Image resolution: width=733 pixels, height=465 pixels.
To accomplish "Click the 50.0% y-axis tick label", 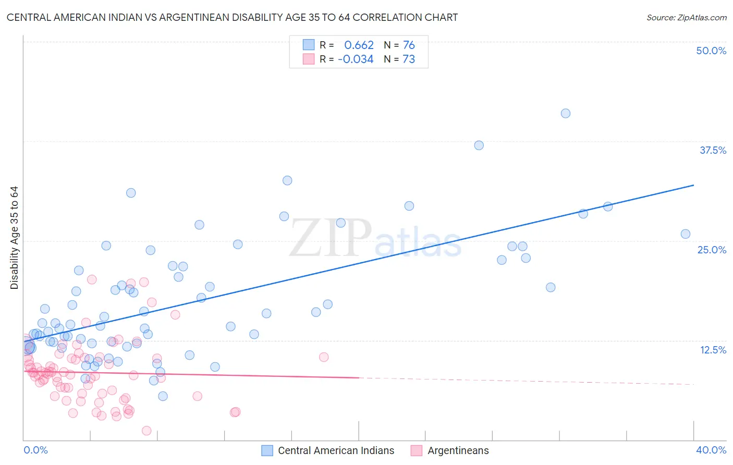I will pyautogui.click(x=711, y=51).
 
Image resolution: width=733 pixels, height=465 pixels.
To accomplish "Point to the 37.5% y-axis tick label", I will pyautogui.click(x=713, y=150).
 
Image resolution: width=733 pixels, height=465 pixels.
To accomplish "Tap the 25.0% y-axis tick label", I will pyautogui.click(x=712, y=250).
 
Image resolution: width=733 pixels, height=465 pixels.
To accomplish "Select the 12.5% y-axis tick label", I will pyautogui.click(x=713, y=350).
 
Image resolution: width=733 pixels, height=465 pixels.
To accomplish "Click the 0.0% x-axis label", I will pyautogui.click(x=35, y=450).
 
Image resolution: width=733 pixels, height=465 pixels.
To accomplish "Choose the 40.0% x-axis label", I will pyautogui.click(x=711, y=450).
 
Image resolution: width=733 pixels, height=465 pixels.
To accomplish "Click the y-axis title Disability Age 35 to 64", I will pyautogui.click(x=14, y=238).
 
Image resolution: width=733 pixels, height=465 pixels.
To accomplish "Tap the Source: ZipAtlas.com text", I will pyautogui.click(x=686, y=18).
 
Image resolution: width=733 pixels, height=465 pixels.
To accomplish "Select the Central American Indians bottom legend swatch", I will pyautogui.click(x=267, y=450).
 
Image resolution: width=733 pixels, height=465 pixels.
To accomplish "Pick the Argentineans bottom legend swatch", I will pyautogui.click(x=416, y=450).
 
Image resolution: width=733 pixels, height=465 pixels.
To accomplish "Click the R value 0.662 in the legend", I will pyautogui.click(x=359, y=45).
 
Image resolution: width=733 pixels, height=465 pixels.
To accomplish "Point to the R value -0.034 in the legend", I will pyautogui.click(x=356, y=59).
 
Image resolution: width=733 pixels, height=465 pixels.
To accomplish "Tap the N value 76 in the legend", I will pyautogui.click(x=409, y=45).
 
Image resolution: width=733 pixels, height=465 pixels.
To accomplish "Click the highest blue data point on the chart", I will pyautogui.click(x=566, y=114).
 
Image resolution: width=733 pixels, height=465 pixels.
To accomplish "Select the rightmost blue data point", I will pyautogui.click(x=686, y=234).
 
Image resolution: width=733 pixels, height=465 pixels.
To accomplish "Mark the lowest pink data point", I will pyautogui.click(x=146, y=431).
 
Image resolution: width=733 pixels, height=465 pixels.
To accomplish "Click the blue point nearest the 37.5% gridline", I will pyautogui.click(x=479, y=145).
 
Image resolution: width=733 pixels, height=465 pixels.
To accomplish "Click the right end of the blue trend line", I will pyautogui.click(x=693, y=185).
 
